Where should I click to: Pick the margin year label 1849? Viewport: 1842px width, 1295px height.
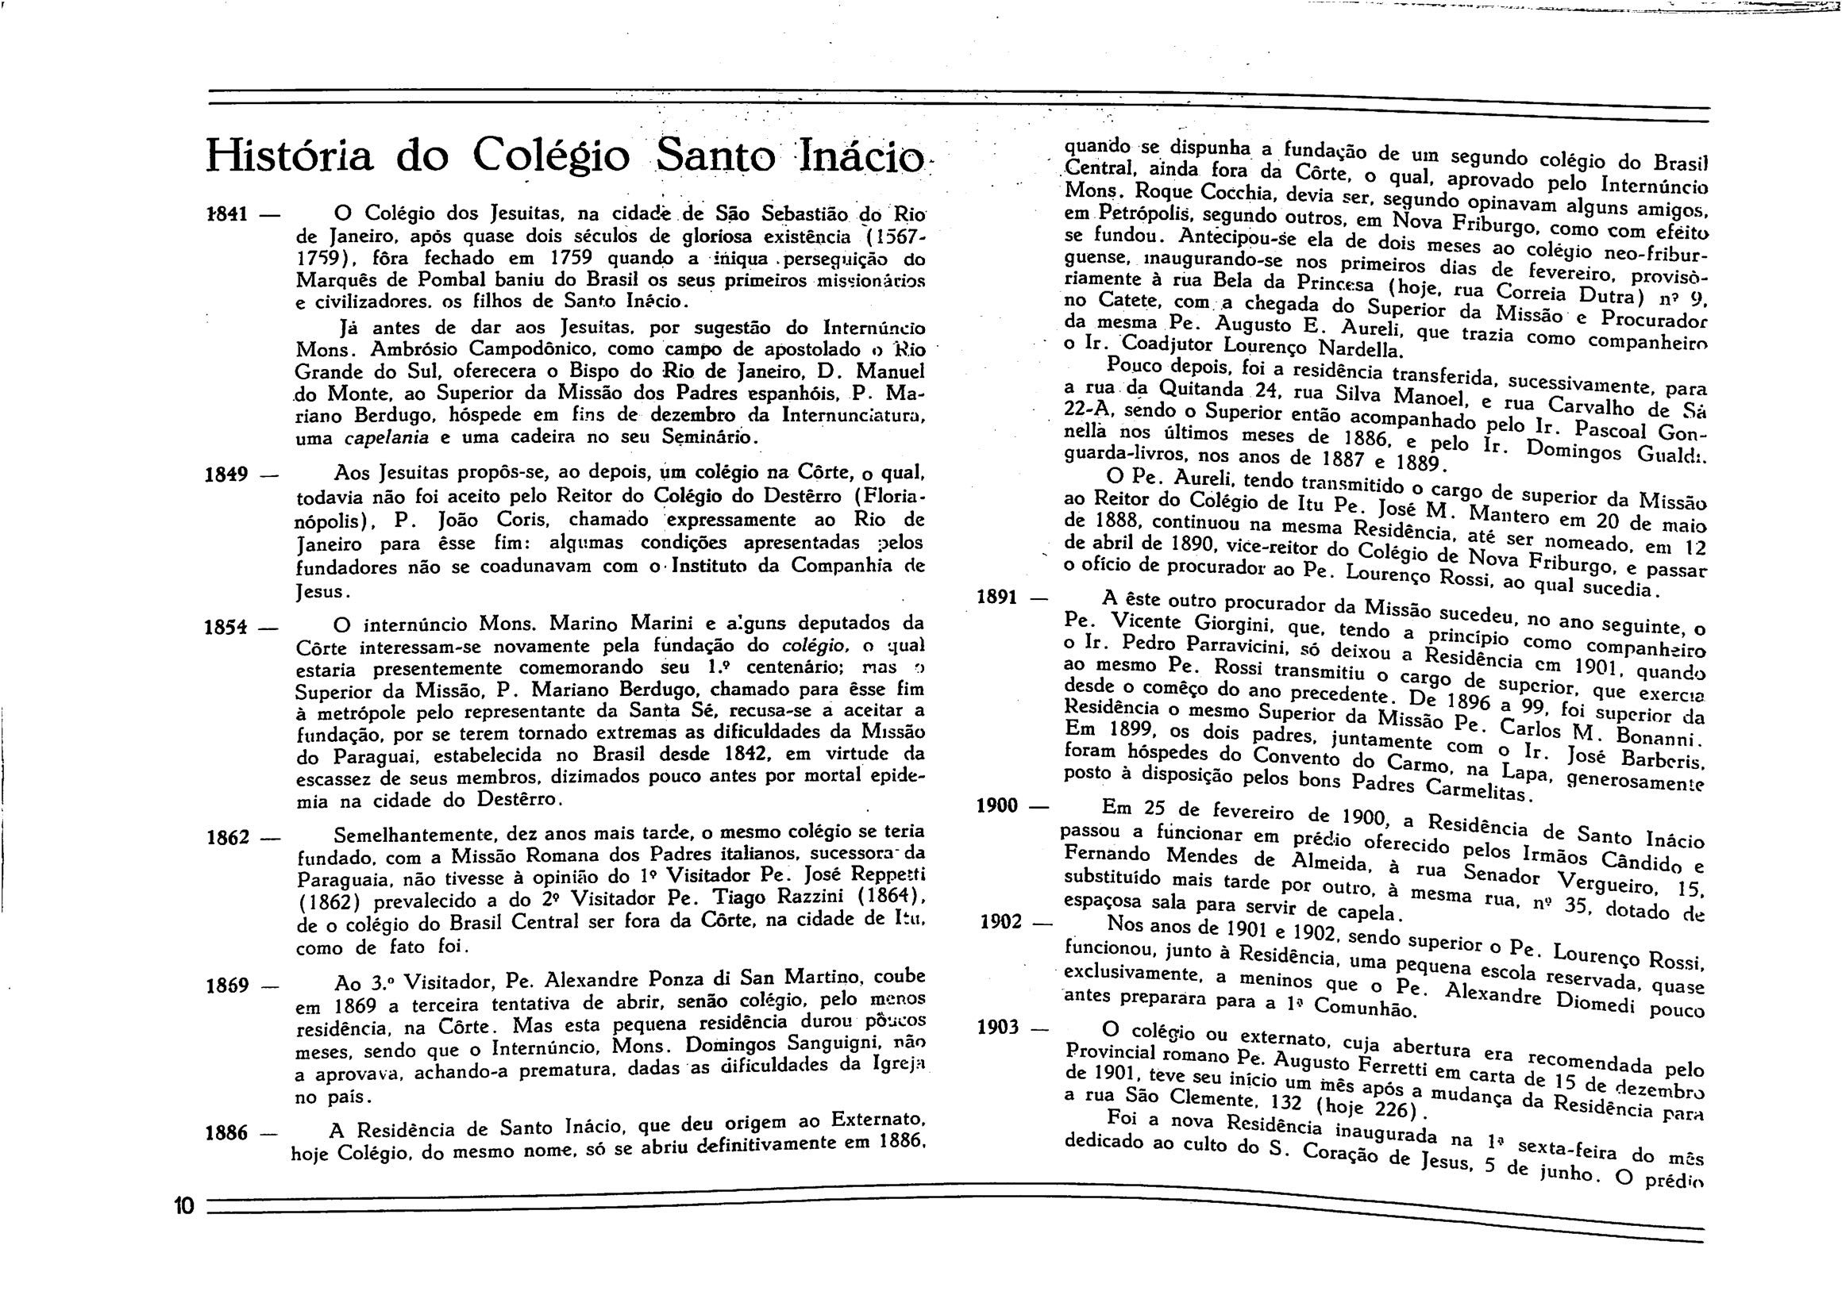228,475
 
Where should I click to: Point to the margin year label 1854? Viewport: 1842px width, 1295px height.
228,628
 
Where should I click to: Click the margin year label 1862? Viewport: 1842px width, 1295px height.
228,839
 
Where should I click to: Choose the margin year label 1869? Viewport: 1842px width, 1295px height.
228,986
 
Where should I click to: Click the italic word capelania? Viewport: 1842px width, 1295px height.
386,439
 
